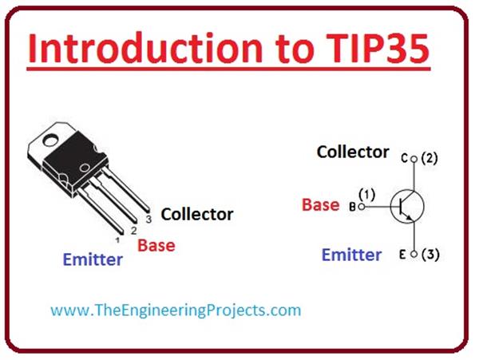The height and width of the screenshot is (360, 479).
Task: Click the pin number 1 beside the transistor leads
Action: click(x=117, y=239)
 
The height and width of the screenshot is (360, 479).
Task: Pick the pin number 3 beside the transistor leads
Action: click(x=148, y=218)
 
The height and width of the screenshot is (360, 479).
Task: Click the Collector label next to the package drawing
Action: click(x=197, y=214)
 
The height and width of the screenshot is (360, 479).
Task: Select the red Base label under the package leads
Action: click(x=156, y=245)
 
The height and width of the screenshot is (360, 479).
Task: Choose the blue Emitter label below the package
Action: click(x=93, y=260)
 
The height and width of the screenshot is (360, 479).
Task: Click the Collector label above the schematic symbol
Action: click(x=353, y=152)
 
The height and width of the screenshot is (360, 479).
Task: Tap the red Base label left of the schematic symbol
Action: click(x=320, y=204)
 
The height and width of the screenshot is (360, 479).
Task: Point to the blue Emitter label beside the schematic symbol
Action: click(x=351, y=255)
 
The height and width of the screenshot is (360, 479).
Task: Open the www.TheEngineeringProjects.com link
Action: click(x=176, y=310)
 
